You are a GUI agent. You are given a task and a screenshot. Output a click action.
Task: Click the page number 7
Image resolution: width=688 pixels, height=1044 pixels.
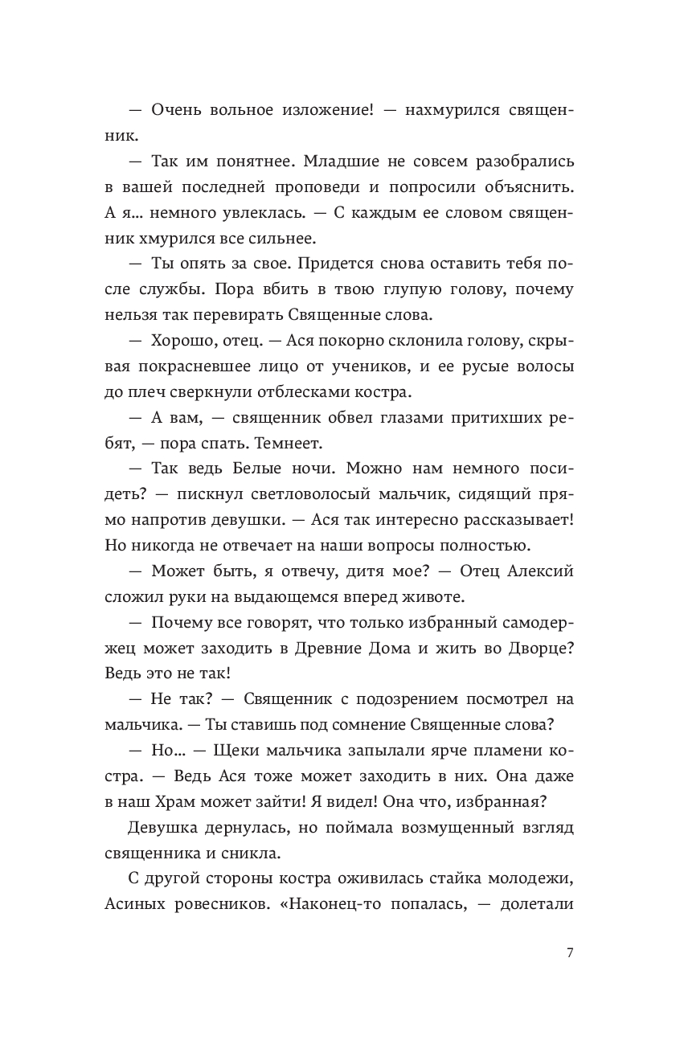pyautogui.click(x=570, y=953)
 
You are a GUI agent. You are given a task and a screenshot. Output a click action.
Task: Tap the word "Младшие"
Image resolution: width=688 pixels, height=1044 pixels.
pyautogui.click(x=340, y=162)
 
